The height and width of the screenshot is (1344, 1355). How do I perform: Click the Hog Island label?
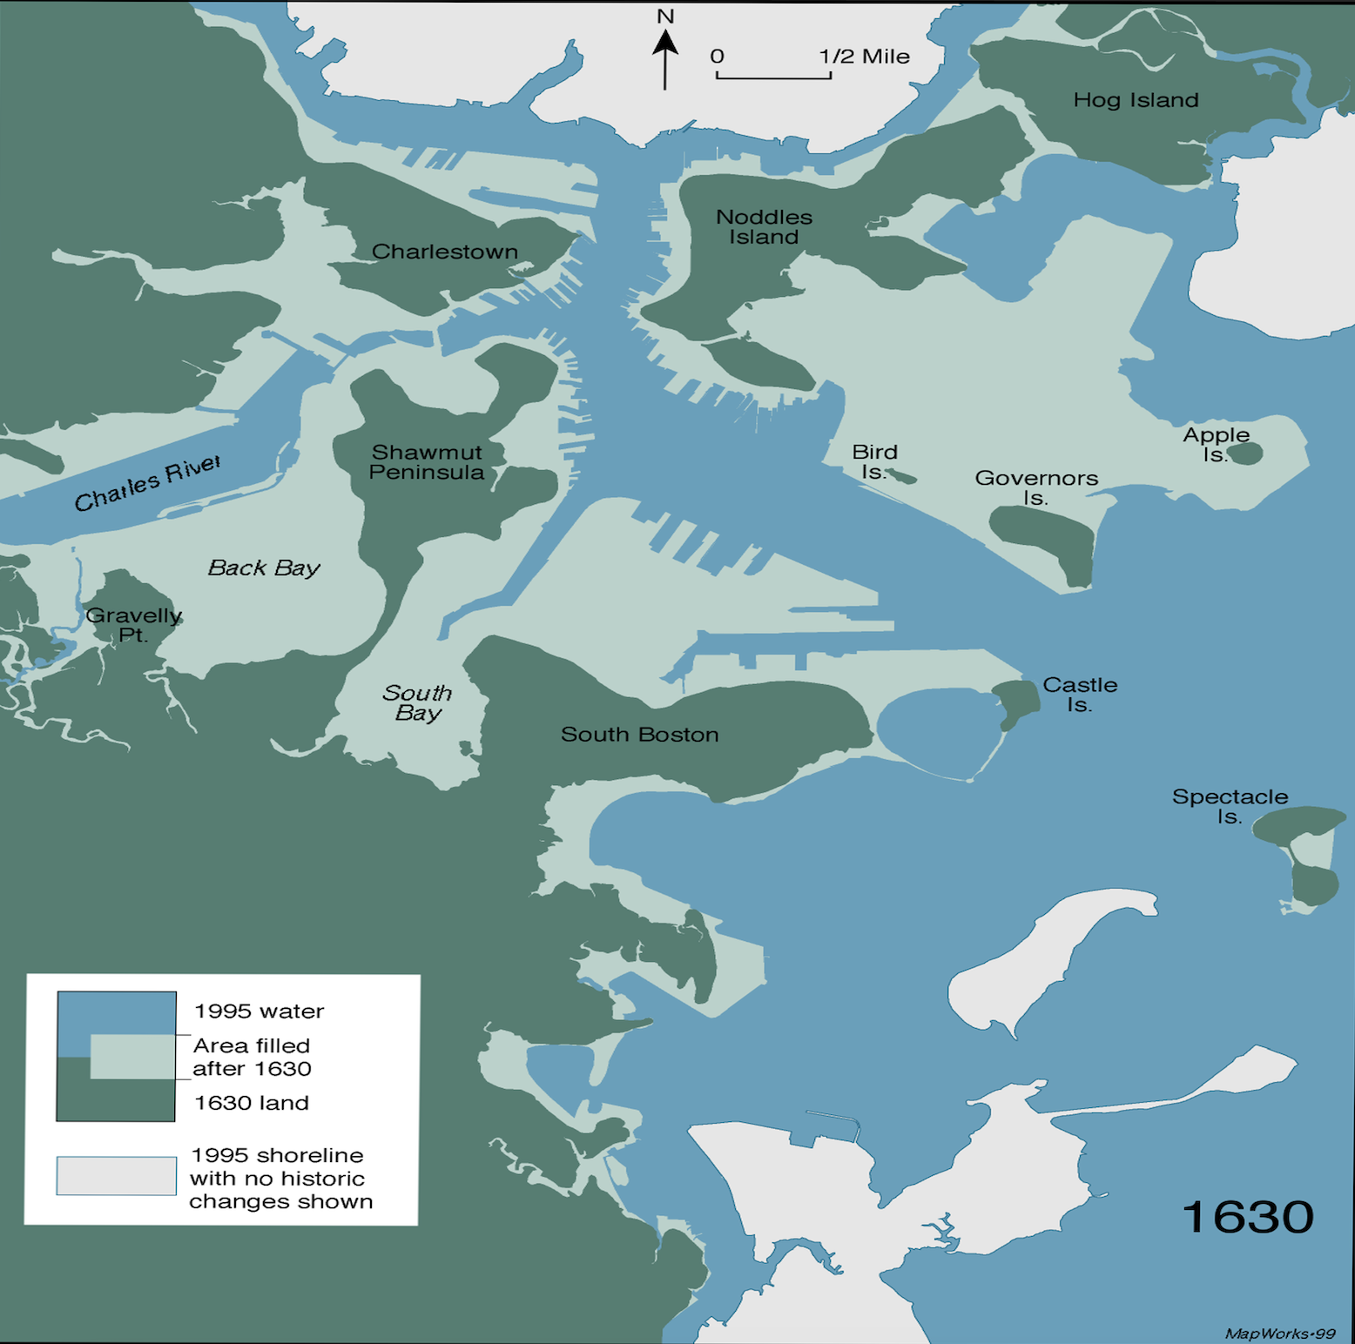click(1136, 100)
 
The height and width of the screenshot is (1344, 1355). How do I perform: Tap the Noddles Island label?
click(764, 227)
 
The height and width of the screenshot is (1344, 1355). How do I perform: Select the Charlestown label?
click(444, 252)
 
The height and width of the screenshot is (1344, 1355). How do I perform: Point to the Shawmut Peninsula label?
click(426, 462)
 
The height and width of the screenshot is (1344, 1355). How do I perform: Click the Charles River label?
click(147, 483)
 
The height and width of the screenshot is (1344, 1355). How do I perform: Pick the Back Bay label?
click(264, 568)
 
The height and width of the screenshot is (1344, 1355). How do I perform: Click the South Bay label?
click(417, 702)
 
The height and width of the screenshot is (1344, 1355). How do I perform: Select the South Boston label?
click(639, 735)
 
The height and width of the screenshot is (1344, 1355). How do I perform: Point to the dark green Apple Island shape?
click(1245, 453)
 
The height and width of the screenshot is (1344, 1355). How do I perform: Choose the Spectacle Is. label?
click(1229, 806)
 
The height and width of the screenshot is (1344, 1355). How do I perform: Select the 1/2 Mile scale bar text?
click(864, 57)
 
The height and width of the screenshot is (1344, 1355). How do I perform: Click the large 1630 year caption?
click(1247, 1216)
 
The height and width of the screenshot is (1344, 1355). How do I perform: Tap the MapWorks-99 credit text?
click(1279, 1334)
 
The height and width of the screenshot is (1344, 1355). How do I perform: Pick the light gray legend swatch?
click(116, 1175)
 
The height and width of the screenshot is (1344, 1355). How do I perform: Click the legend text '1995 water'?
click(259, 1011)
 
